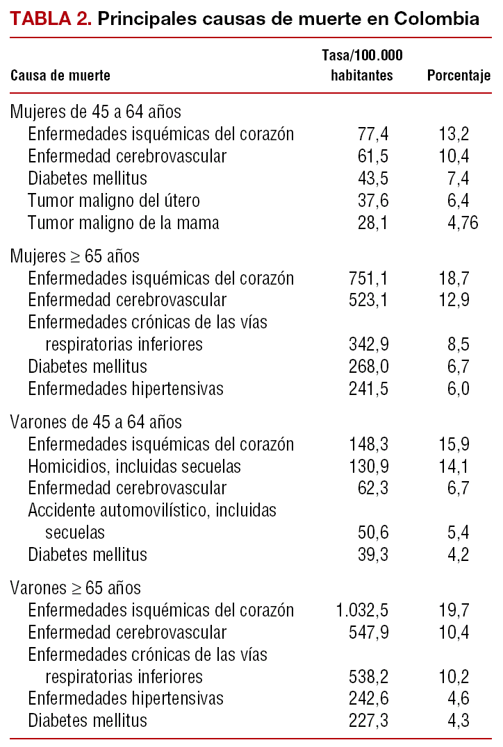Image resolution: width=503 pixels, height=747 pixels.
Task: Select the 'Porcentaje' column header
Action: tap(459, 76)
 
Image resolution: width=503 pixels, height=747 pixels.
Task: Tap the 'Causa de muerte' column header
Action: tap(60, 76)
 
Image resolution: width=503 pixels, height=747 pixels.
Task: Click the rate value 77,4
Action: tap(373, 134)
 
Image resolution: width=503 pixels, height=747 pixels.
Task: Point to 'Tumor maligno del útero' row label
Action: tap(114, 201)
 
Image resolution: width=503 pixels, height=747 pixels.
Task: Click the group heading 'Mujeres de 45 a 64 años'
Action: tap(96, 112)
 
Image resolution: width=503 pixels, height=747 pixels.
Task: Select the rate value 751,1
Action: tap(369, 278)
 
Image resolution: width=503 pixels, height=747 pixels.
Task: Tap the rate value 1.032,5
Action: tap(363, 610)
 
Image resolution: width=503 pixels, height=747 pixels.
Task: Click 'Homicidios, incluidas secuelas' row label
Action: tap(135, 466)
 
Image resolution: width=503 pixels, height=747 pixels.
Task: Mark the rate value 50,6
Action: tap(373, 532)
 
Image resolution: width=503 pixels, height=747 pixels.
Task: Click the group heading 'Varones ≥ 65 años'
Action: tap(76, 588)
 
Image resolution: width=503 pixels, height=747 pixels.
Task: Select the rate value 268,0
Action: tap(369, 366)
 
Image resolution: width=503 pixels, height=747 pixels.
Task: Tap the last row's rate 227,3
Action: tap(369, 720)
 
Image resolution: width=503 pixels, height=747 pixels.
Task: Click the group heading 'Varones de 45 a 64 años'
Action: tap(96, 421)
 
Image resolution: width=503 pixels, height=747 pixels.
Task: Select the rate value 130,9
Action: tap(369, 466)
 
